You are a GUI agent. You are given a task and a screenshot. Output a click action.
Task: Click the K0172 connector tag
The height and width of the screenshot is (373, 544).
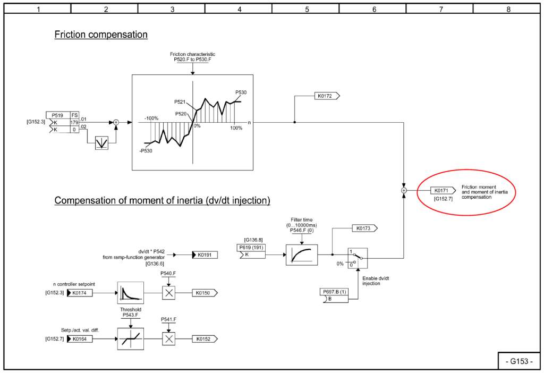click(327, 96)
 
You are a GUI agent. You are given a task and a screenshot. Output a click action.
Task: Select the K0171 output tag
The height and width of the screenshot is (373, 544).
click(443, 191)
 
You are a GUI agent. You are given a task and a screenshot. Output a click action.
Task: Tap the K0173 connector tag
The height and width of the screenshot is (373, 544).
click(364, 228)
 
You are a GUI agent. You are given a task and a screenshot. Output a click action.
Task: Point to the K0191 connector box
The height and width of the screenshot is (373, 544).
click(205, 255)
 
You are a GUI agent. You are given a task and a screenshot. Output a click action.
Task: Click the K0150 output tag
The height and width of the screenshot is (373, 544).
click(205, 293)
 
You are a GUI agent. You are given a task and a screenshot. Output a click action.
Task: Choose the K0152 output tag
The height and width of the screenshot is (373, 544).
click(205, 339)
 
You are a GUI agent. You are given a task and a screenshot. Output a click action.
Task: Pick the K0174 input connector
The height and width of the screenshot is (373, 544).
click(80, 293)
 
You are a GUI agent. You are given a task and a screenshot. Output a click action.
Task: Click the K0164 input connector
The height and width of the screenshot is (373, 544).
click(80, 339)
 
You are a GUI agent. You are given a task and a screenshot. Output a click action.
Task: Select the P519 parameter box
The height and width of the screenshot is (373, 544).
click(63, 123)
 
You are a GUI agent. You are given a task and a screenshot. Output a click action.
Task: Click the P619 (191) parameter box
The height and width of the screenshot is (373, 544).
click(251, 251)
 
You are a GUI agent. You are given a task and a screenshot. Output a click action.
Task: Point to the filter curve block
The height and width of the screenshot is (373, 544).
click(302, 255)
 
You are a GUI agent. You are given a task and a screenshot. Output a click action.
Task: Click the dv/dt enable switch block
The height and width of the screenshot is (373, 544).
click(358, 258)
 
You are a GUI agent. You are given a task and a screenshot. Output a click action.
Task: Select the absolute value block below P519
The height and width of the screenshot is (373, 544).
click(101, 142)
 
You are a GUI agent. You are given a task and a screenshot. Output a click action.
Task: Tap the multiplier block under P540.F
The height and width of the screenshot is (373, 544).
click(168, 293)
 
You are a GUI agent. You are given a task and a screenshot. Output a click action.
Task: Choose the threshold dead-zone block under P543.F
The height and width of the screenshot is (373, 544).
click(131, 339)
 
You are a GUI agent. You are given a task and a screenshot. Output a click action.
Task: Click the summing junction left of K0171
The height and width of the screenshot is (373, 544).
click(404, 191)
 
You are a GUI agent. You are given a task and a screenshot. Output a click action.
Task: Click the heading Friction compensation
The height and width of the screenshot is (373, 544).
click(101, 35)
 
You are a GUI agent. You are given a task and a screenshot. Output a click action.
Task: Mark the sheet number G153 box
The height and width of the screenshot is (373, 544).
click(519, 361)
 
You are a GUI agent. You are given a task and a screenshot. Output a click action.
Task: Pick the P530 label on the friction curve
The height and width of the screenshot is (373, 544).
click(241, 92)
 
